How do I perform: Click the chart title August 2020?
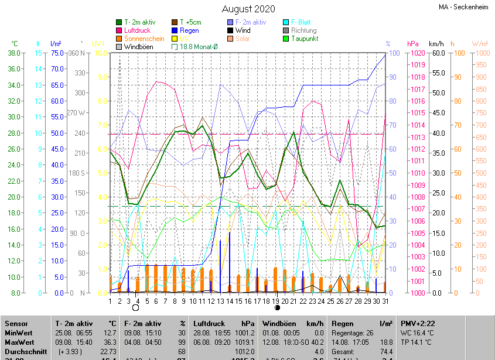248,9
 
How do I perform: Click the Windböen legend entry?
138,47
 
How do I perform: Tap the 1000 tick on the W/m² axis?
480,53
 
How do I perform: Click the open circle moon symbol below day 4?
136,307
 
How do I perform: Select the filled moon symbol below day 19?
278,307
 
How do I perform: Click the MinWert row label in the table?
19,332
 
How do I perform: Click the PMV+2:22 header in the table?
418,323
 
